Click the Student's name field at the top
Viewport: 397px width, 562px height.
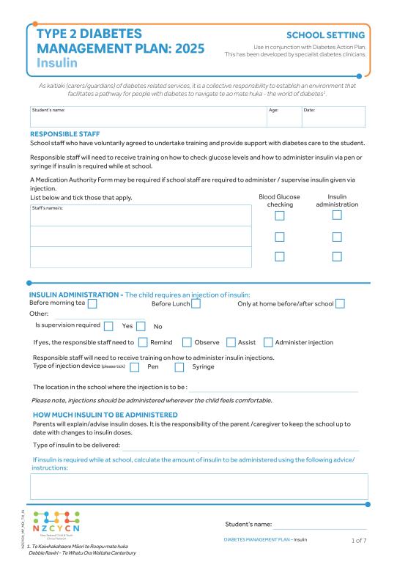point(146,117)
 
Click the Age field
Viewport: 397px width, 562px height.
point(283,117)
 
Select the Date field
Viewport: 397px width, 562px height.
point(333,117)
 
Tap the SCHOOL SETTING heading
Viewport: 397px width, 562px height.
point(325,35)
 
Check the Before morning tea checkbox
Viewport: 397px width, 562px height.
point(92,303)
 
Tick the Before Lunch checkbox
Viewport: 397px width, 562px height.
point(196,303)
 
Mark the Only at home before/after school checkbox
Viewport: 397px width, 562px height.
point(340,303)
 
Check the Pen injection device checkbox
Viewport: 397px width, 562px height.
point(134,367)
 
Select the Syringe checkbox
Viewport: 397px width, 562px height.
point(179,367)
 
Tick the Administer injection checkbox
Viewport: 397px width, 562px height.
point(268,342)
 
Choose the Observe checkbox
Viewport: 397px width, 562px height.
point(187,342)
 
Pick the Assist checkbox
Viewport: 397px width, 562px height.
point(231,342)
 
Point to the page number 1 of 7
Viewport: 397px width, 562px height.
point(359,540)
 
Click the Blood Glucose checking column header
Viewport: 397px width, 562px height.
point(279,201)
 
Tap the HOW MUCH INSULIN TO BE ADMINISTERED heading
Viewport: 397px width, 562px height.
point(105,415)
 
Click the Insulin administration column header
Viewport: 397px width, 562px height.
point(337,201)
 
